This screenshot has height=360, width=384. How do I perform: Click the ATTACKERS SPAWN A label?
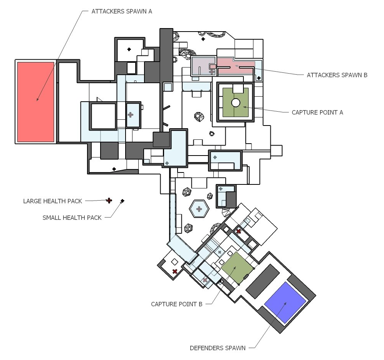[x=122, y=11]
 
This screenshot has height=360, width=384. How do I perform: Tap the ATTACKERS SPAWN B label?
[x=337, y=75]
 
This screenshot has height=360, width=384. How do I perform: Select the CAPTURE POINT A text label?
[x=317, y=113]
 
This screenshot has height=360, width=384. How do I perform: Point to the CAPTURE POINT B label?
[x=177, y=304]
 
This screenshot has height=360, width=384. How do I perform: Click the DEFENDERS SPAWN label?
[x=218, y=348]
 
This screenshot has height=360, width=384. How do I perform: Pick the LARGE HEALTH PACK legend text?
[x=53, y=201]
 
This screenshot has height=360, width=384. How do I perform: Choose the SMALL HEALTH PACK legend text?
[x=72, y=218]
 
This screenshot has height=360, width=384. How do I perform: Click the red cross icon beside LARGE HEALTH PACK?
[x=109, y=200]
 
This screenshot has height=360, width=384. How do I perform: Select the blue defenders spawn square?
[x=285, y=303]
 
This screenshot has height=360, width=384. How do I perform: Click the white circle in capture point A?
[x=236, y=103]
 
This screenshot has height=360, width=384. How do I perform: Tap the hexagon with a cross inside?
[x=199, y=209]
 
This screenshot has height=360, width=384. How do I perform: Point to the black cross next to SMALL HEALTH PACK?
[x=122, y=201]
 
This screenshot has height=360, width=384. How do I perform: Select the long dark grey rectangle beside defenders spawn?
[x=262, y=281]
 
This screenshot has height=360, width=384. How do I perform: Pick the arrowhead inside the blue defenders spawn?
[x=285, y=303]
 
